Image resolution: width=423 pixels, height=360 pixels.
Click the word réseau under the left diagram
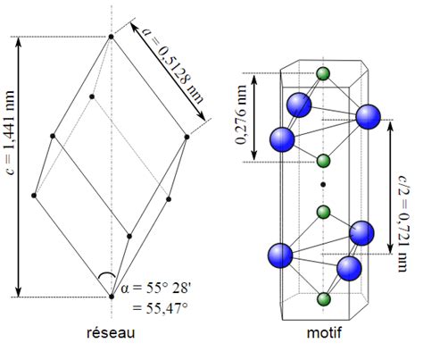pyautogui.click(x=111, y=332)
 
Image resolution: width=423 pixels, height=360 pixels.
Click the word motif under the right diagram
pyautogui.click(x=324, y=332)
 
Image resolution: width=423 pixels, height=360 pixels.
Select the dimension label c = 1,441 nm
pyautogui.click(x=10, y=132)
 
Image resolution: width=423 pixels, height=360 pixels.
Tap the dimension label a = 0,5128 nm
pyautogui.click(x=172, y=65)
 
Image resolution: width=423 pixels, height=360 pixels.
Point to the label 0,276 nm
pyautogui.click(x=241, y=114)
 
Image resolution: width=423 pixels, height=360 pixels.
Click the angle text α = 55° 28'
pyautogui.click(x=154, y=289)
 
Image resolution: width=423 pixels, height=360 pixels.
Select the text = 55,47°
pyautogui.click(x=160, y=308)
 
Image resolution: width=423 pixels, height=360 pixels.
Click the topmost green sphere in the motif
pyautogui.click(x=323, y=74)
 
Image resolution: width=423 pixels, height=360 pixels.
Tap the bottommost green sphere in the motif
pyautogui.click(x=323, y=299)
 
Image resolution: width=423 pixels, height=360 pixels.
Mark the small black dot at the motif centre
pyautogui.click(x=323, y=185)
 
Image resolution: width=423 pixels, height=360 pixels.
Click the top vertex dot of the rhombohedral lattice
pyautogui.click(x=111, y=37)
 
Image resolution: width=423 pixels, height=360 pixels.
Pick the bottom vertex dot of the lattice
pyautogui.click(x=112, y=297)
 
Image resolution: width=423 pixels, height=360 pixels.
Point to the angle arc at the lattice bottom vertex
pyautogui.click(x=106, y=273)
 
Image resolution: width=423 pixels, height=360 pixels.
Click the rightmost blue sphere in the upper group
pyautogui.click(x=369, y=117)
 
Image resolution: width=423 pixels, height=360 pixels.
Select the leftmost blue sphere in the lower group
pyautogui.click(x=280, y=255)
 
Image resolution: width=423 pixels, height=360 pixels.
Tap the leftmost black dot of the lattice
pyautogui.click(x=34, y=196)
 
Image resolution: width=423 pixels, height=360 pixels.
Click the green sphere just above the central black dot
pyautogui.click(x=323, y=161)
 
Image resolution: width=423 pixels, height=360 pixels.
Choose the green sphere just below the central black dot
pyautogui.click(x=323, y=212)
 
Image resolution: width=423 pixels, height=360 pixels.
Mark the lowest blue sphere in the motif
pyautogui.click(x=349, y=269)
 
